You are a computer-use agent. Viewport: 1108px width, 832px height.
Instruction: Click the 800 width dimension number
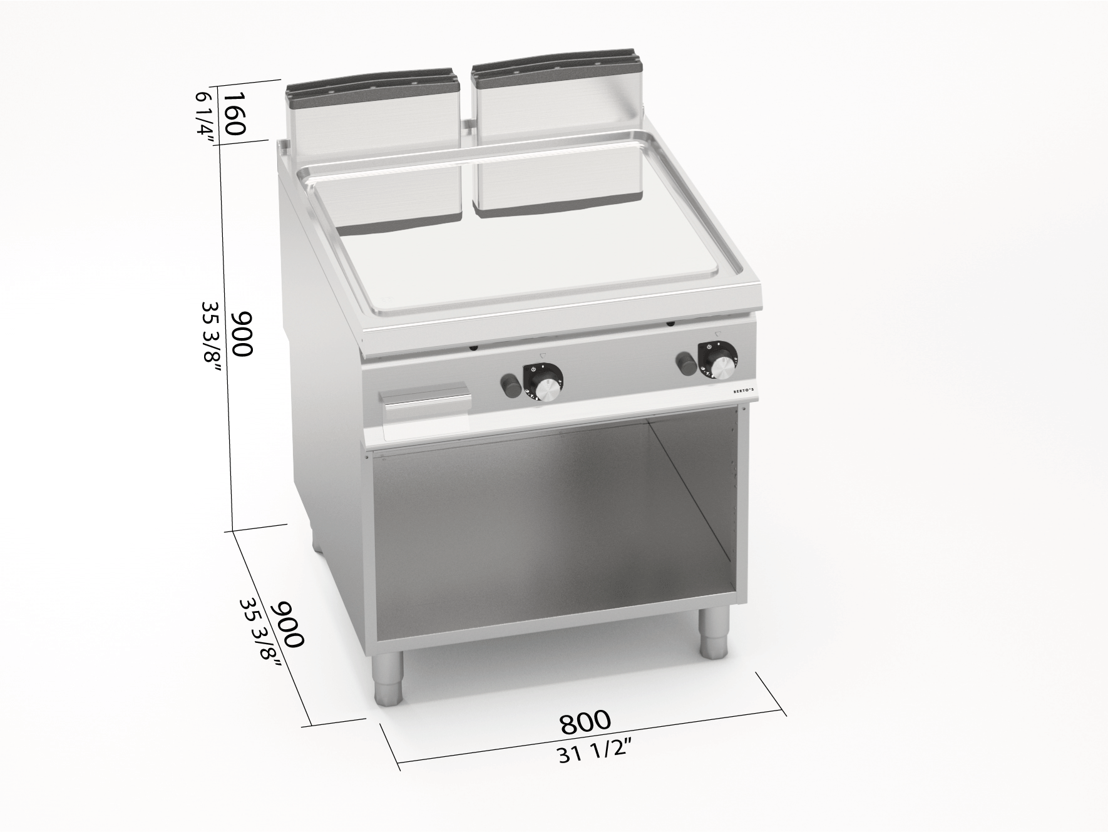tap(585, 722)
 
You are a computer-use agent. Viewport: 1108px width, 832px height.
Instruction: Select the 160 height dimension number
tap(233, 113)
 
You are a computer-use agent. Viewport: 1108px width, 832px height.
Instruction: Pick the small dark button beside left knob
tap(509, 384)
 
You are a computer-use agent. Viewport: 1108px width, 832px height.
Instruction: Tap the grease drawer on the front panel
tap(425, 404)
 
